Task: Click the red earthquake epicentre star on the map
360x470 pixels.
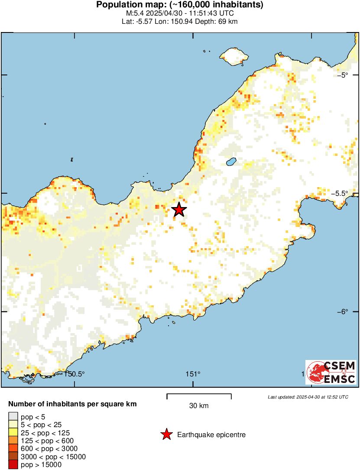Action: point(179,210)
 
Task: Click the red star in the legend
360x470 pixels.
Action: point(166,434)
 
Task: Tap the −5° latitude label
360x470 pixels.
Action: point(343,75)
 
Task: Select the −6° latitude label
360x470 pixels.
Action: point(343,311)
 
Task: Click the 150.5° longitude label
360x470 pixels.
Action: point(75,374)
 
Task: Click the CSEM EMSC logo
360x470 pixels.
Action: point(331,372)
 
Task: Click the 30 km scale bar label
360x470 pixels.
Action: point(199,406)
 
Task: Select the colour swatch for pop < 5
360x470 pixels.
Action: point(13,417)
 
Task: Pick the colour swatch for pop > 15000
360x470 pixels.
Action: point(13,465)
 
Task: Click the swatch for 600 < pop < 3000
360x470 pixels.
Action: point(13,449)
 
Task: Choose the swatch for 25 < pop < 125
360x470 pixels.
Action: point(13,433)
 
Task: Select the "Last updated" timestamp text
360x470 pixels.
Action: point(308,397)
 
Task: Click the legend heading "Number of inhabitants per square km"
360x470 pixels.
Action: point(72,404)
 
